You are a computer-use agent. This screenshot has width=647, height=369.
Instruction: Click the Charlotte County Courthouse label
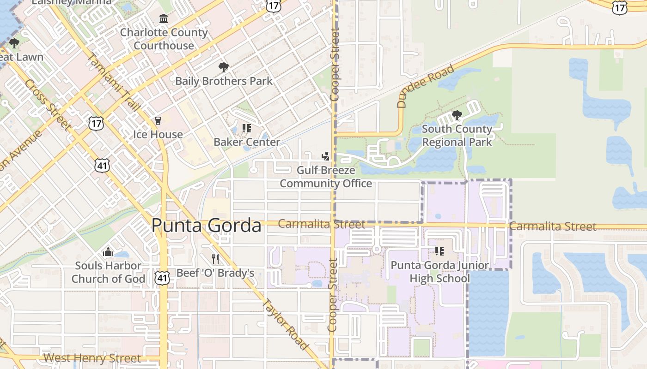[164, 39]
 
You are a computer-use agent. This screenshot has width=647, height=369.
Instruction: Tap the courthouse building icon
[164, 19]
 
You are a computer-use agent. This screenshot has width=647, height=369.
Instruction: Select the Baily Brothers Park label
[224, 81]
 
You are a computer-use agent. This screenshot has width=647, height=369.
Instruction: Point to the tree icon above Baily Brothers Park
[224, 68]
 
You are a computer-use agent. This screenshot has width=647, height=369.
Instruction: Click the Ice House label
[158, 134]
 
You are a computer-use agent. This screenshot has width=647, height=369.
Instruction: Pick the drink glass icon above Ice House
[158, 121]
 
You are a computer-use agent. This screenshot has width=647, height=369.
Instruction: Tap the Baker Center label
[247, 142]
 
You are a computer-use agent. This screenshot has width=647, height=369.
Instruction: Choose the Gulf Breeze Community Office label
[326, 177]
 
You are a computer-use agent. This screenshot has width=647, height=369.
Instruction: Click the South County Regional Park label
[457, 136]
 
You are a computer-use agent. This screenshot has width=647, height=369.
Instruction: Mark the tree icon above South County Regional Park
[457, 115]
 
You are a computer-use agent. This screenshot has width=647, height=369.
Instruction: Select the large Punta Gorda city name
[206, 226]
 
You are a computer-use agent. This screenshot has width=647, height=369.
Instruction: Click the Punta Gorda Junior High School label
[439, 272]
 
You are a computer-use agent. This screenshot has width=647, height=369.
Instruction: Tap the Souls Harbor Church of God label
[108, 272]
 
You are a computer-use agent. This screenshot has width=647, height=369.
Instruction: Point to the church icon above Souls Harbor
[108, 252]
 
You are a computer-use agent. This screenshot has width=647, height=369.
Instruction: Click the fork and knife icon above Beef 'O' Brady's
[215, 259]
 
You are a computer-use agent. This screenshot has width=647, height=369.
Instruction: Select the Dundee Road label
[425, 87]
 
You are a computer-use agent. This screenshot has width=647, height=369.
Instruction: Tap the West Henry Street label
[92, 358]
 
